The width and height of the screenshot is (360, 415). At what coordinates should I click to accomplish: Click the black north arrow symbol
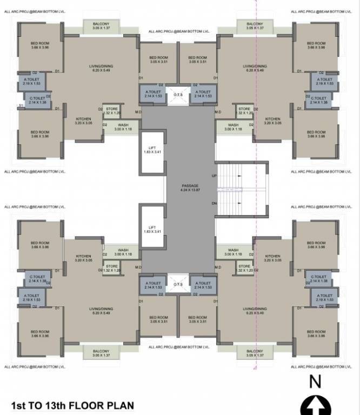coord(315,406)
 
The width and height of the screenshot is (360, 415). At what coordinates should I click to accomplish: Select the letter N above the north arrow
coord(315,381)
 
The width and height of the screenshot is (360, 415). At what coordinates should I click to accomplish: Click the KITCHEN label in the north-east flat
coord(272,119)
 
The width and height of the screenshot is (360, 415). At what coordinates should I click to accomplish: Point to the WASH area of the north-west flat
coord(123,127)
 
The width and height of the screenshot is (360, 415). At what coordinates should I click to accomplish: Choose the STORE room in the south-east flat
coord(244,268)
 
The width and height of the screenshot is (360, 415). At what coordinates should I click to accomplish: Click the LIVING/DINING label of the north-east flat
coord(255,68)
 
